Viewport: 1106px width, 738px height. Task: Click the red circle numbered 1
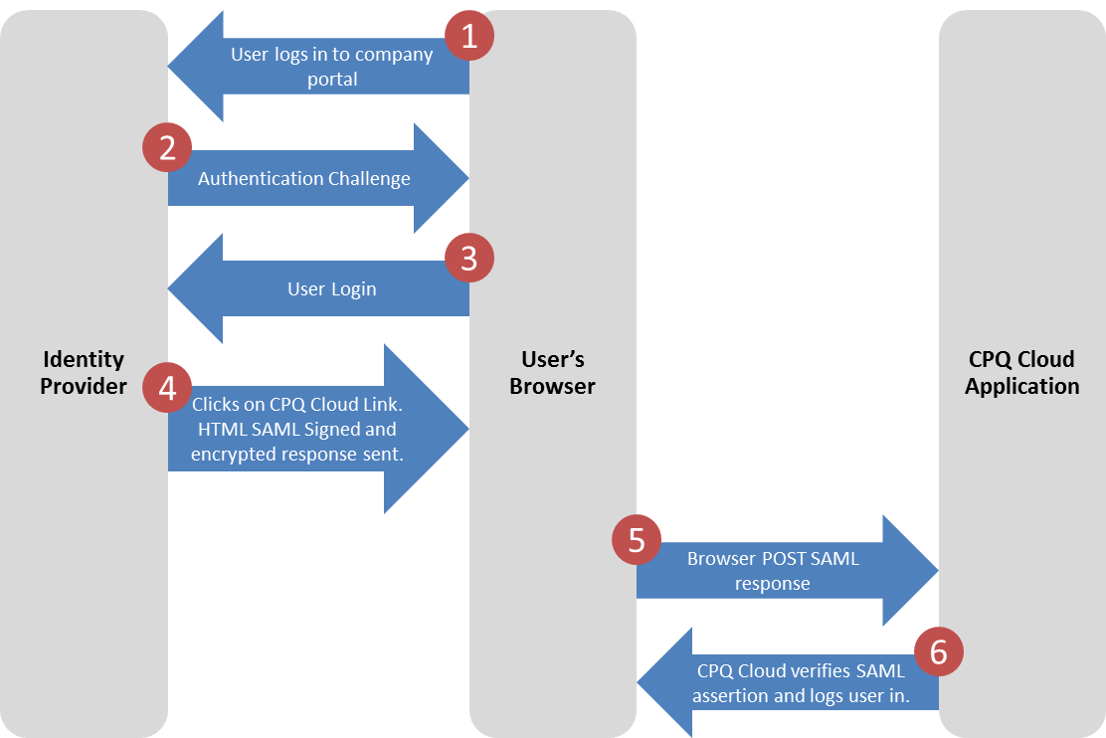pos(469,37)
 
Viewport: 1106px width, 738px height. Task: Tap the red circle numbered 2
pos(167,148)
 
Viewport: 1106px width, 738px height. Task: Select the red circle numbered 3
pos(469,259)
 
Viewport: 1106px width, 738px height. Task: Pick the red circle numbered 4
pos(167,387)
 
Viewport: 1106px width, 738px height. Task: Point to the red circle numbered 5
pos(637,540)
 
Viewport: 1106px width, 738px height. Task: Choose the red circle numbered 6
pos(938,651)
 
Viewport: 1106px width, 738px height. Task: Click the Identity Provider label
pos(84,373)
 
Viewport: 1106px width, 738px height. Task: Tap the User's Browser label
pos(552,373)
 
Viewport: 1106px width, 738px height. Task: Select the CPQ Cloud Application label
pos(1021,373)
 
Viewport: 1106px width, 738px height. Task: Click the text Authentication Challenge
pos(303,179)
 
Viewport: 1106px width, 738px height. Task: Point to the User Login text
pos(331,289)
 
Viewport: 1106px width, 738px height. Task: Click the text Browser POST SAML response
pos(773,571)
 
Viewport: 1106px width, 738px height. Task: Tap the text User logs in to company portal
pos(331,67)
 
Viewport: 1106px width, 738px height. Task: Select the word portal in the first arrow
pos(332,79)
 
